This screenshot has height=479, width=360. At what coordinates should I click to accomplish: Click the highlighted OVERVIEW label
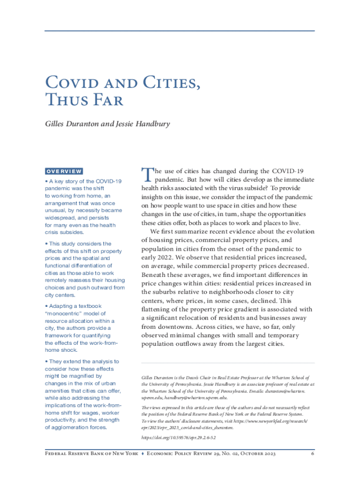[64, 172]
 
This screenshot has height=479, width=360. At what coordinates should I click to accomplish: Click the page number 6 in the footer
[312, 454]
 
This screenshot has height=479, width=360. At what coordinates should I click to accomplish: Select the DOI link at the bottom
[178, 438]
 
